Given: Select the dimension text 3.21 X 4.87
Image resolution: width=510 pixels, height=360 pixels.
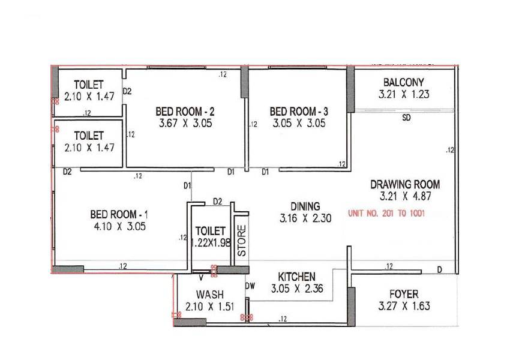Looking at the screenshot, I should click(x=405, y=196).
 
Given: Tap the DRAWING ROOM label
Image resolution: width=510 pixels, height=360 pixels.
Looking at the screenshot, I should click(x=405, y=184).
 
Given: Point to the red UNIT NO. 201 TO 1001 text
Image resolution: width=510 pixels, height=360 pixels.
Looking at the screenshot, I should click(x=386, y=213).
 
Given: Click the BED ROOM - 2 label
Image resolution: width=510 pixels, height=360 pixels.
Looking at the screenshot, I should click(x=185, y=112).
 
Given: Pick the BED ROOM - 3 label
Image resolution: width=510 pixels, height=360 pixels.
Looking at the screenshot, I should click(x=299, y=112).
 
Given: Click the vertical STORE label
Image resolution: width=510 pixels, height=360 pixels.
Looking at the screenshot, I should click(x=241, y=241).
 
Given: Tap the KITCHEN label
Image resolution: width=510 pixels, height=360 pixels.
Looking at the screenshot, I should click(x=297, y=277).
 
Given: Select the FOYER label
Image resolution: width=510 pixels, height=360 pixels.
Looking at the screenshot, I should click(x=404, y=294).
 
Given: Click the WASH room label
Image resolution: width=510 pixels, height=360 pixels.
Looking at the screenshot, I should click(x=209, y=295).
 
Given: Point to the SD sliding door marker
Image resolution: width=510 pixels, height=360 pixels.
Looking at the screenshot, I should click(x=406, y=118).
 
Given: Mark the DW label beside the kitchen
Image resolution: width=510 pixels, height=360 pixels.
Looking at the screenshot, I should click(x=250, y=286).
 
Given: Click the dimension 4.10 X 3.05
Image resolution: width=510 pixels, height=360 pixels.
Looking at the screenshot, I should click(x=118, y=226).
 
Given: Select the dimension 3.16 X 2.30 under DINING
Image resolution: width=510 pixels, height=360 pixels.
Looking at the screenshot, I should click(x=305, y=219).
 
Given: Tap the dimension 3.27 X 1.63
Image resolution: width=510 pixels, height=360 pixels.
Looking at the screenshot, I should click(x=404, y=306).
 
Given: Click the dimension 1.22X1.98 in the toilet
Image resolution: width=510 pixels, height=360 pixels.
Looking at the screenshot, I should click(x=210, y=242).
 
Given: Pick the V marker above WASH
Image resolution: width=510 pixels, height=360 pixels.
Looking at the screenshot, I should click(x=201, y=277).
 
